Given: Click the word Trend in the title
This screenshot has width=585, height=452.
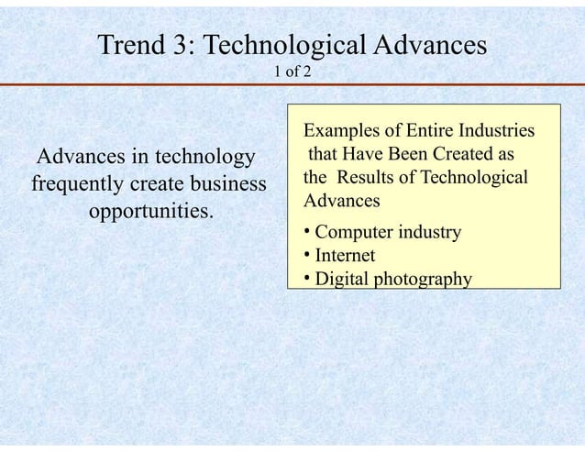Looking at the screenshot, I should click(134, 46).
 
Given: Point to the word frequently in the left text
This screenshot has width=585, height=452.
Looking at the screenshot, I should click(79, 184).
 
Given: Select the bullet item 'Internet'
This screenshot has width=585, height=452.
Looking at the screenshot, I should click(345, 256).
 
